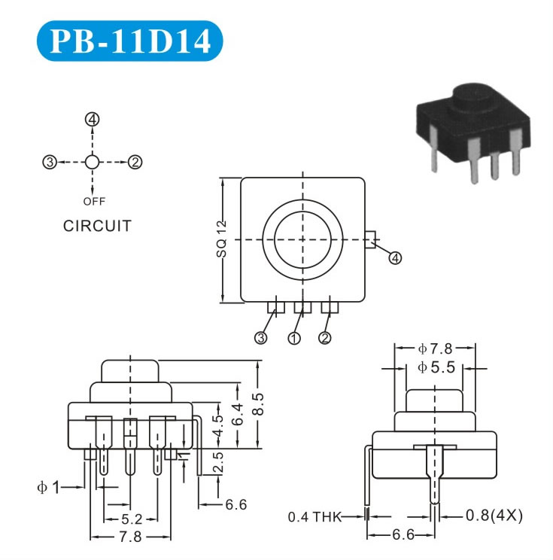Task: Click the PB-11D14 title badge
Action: tap(129, 42)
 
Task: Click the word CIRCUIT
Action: tap(97, 226)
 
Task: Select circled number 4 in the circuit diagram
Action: tap(93, 120)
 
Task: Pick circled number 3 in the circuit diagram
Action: tap(50, 161)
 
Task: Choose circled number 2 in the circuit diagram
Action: tap(135, 161)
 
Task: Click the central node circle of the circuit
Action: tap(92, 161)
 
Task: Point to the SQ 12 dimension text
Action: tap(220, 239)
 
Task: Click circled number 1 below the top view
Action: tap(294, 338)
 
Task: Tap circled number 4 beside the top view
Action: tap(395, 257)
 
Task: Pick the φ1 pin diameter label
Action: tap(49, 487)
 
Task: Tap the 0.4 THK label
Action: tap(314, 517)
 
